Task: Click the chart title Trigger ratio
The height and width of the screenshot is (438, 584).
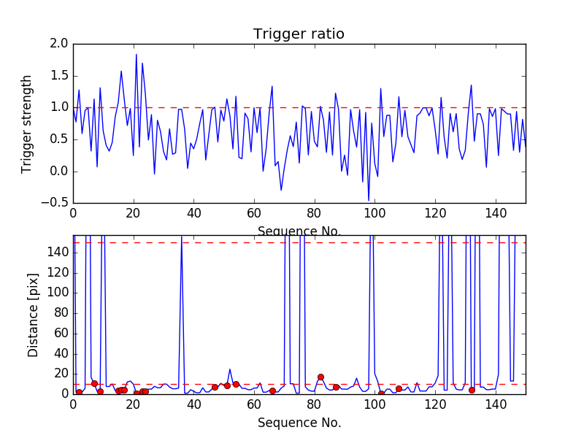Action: (299, 34)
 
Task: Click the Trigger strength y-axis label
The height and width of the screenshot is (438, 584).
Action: (27, 124)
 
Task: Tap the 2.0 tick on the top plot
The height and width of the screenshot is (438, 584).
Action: (59, 44)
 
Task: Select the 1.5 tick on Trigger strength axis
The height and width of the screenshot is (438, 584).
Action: (59, 76)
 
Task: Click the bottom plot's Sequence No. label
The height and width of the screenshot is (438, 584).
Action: (299, 423)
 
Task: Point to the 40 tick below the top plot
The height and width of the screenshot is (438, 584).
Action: (193, 214)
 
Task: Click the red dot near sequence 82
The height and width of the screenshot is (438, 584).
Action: (320, 377)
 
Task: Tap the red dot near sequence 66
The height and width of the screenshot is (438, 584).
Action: (272, 391)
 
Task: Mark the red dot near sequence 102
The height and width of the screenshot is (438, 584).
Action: (381, 393)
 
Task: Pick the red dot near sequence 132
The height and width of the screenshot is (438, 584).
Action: (472, 390)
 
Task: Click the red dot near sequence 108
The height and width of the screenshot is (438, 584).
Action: (399, 388)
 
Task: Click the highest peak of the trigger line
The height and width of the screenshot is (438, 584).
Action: (136, 54)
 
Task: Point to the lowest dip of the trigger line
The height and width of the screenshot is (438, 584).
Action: (369, 200)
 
